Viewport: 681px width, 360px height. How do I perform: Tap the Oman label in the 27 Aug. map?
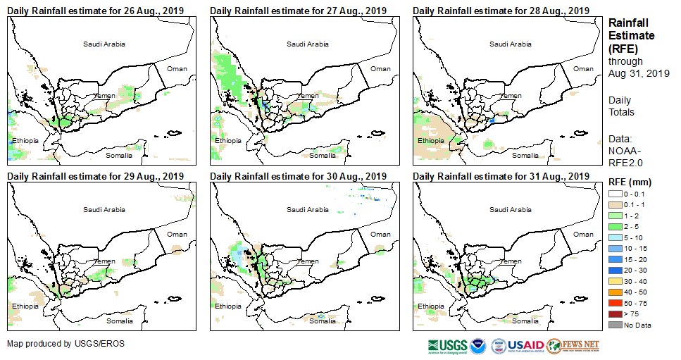[380, 68]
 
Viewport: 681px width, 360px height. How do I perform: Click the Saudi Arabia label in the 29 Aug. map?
[104, 209]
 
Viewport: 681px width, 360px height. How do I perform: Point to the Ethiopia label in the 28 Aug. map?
[432, 140]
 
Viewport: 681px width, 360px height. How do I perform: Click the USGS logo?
[447, 346]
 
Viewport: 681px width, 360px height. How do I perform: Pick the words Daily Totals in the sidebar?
[621, 106]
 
